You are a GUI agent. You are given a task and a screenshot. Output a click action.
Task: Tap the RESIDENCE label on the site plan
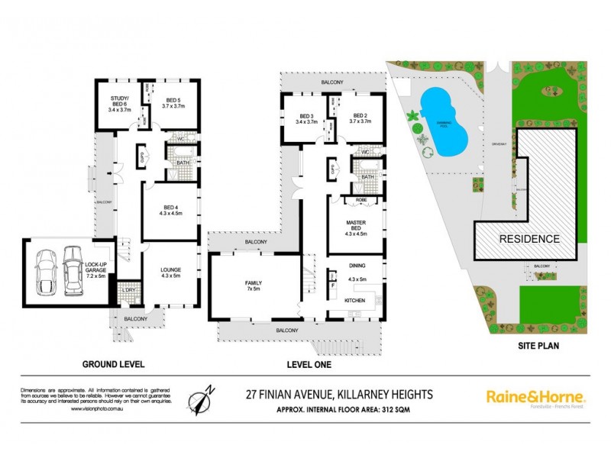tap(529, 239)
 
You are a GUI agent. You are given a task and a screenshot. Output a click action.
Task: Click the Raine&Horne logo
tap(535, 397)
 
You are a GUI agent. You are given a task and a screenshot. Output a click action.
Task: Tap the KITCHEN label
tap(355, 301)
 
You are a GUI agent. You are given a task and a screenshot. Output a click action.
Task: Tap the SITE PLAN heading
tap(532, 346)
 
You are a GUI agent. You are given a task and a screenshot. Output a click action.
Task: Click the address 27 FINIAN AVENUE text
tap(340, 395)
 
